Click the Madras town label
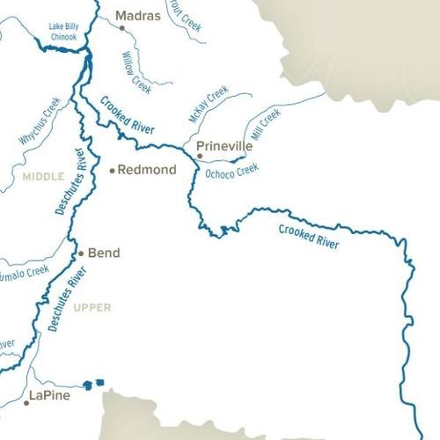click(138, 16)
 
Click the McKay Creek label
click(209, 105)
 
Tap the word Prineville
click(224, 146)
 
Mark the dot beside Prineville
click(200, 156)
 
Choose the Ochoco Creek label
click(231, 170)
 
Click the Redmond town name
click(147, 169)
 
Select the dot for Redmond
click(112, 170)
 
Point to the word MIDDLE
click(44, 177)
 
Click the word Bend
click(104, 253)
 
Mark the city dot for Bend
click(81, 253)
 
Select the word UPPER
click(92, 307)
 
